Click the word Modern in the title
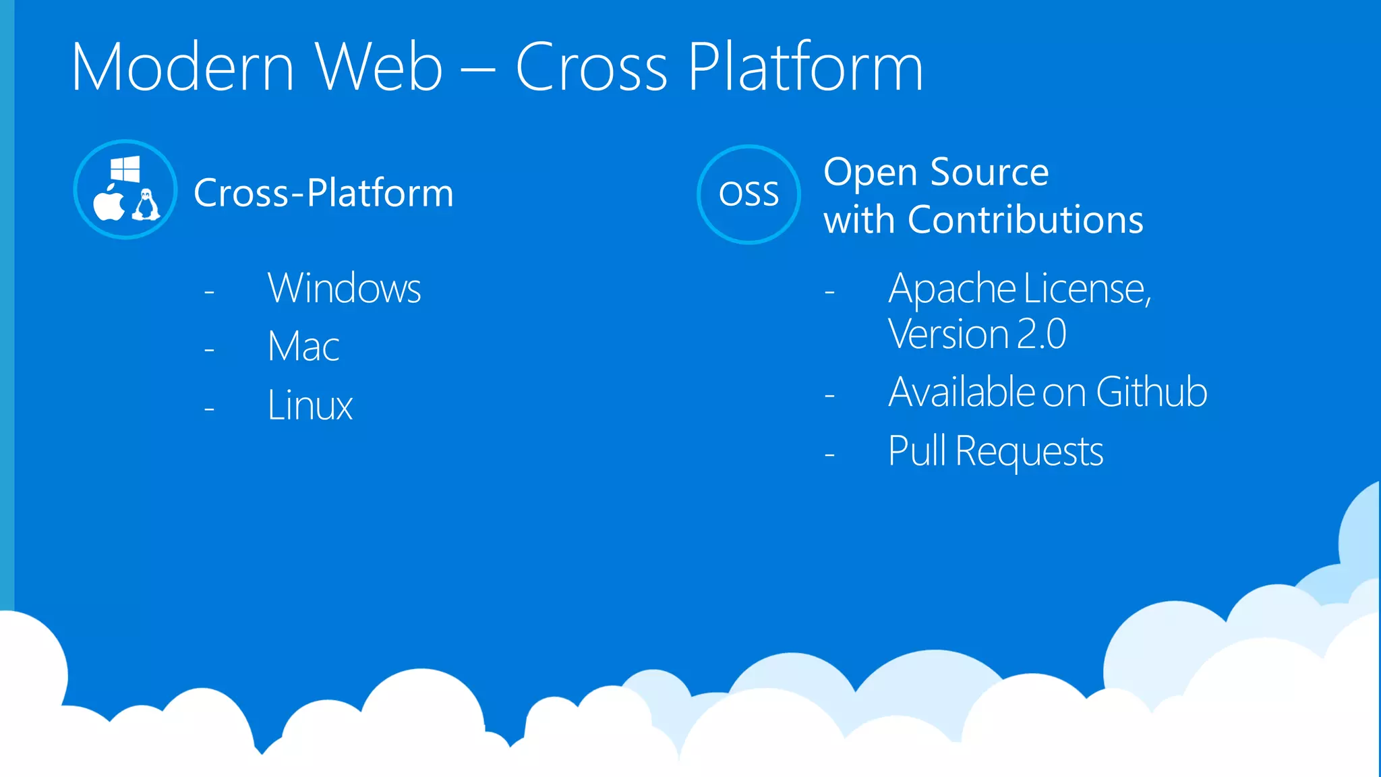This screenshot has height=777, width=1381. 183,67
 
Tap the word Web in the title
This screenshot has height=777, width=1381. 379,67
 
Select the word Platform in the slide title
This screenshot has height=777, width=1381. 805,67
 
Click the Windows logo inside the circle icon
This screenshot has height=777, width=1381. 125,169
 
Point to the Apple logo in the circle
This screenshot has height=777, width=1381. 109,204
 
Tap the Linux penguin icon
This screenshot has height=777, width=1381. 146,204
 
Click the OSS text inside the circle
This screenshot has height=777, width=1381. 748,194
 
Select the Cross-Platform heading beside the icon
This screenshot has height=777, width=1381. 324,193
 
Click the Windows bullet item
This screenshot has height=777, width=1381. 344,289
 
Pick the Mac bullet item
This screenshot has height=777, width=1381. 303,347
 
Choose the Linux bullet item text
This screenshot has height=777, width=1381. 310,405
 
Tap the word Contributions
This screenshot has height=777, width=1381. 1026,220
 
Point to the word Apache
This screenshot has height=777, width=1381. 951,289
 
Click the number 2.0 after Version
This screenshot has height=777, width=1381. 1042,335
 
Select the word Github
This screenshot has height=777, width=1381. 1151,392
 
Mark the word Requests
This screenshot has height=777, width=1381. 1029,451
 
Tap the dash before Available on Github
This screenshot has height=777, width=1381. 829,395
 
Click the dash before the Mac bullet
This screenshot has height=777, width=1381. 209,350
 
